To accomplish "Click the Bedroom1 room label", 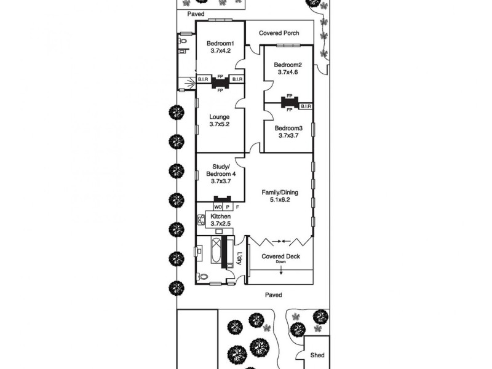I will point(220,43).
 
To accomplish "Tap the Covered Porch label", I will point(279,33).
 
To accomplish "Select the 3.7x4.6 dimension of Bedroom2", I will point(287,73).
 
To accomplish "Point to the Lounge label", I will point(220,117).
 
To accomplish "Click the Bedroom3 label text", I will point(288,128).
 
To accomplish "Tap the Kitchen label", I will point(220,217).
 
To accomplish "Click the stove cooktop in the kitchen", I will point(200,220).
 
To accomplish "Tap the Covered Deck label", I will point(280,256).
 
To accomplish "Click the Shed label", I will point(317,355).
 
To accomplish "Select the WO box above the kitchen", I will point(218,207).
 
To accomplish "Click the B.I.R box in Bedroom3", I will point(306,106).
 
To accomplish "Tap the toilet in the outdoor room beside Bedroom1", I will point(183,41).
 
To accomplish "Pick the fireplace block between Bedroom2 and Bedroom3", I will point(289,102).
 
